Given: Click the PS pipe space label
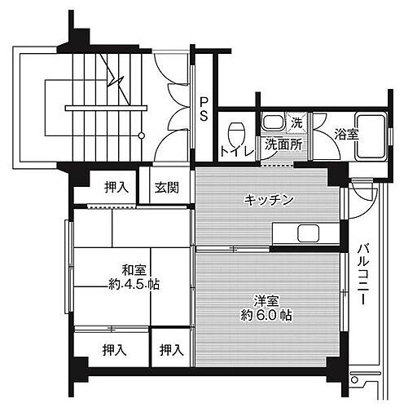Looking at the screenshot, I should tap(204, 109).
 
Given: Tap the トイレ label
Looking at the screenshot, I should tap(235, 150).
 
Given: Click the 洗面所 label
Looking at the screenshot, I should tap(283, 144).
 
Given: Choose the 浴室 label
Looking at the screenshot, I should tap(346, 135).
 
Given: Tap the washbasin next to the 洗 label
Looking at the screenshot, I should tap(272, 123).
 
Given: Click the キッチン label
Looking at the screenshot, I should tap(268, 200).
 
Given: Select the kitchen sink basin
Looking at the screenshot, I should tap(310, 233).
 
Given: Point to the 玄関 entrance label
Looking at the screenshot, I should tap(167, 188).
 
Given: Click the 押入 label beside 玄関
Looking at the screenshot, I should tap(116, 188).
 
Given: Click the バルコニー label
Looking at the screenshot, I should tap(361, 274).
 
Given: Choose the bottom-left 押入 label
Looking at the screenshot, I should tap(115, 350).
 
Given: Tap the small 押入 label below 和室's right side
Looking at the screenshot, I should tap(170, 350).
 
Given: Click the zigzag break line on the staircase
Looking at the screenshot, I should tap(119, 83).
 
